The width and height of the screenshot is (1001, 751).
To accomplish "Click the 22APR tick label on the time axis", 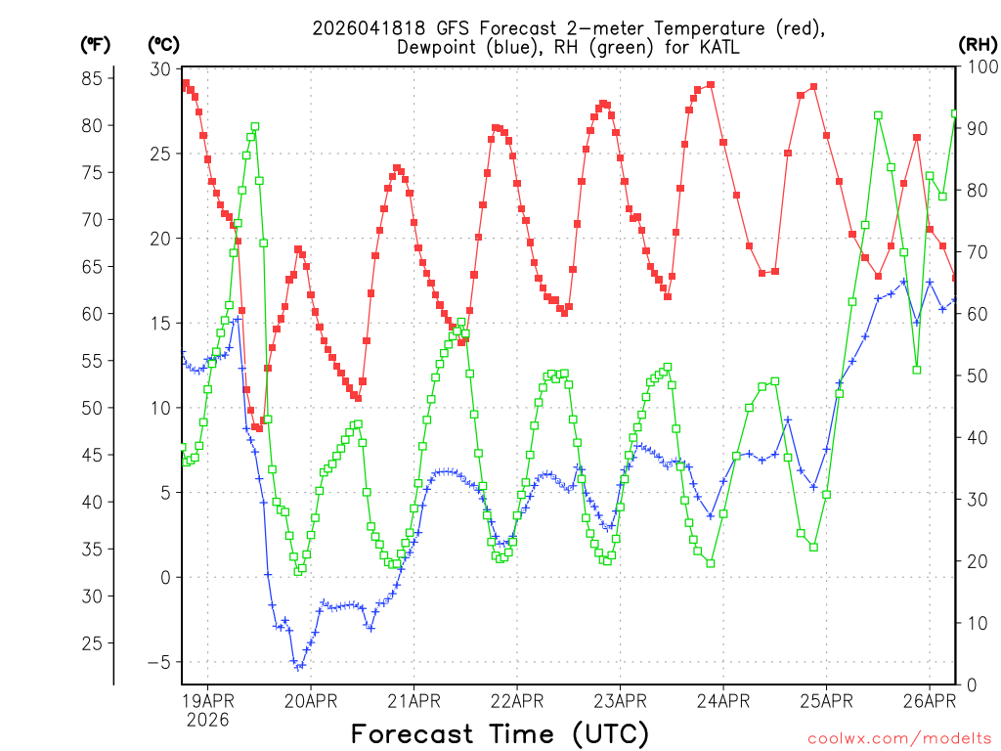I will pos(516,700).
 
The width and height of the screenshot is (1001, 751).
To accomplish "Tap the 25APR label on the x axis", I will pos(826,700).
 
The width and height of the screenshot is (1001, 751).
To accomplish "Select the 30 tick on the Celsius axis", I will pos(159,68).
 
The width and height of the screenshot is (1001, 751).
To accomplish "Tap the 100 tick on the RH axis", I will pos(979,68).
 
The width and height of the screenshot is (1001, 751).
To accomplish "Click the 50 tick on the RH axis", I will pos(974,375).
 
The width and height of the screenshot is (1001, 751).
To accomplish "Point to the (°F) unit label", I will pos(96,44).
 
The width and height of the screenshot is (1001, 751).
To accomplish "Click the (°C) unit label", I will pos(163,44).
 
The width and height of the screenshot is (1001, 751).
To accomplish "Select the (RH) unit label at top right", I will pos(977,44).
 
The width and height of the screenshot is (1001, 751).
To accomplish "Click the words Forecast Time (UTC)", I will pos(500,733).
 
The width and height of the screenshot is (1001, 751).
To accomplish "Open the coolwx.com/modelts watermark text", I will pos(900,738).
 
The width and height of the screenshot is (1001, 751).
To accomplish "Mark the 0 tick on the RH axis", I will pos(969,685).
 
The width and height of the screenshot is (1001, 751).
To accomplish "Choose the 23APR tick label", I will pos(619,700).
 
